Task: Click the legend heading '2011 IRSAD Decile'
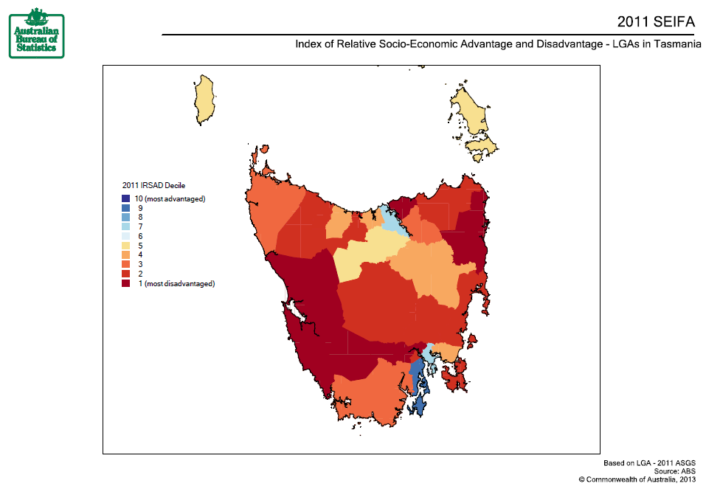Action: coord(153,185)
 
